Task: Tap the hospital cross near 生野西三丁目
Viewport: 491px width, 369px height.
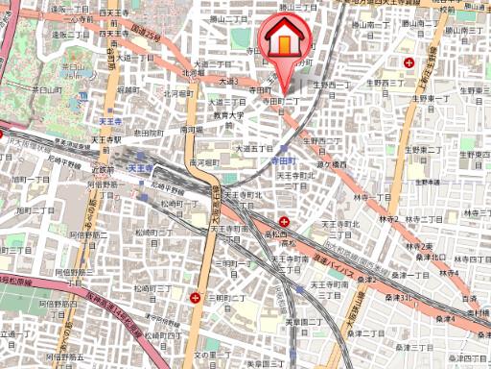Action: (x=410, y=62)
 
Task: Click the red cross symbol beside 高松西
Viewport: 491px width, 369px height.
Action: (x=284, y=221)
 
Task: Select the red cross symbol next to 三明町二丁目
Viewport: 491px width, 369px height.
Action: (x=196, y=298)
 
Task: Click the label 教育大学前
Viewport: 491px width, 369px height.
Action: (x=230, y=120)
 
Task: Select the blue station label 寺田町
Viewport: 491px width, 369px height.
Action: (x=280, y=161)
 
